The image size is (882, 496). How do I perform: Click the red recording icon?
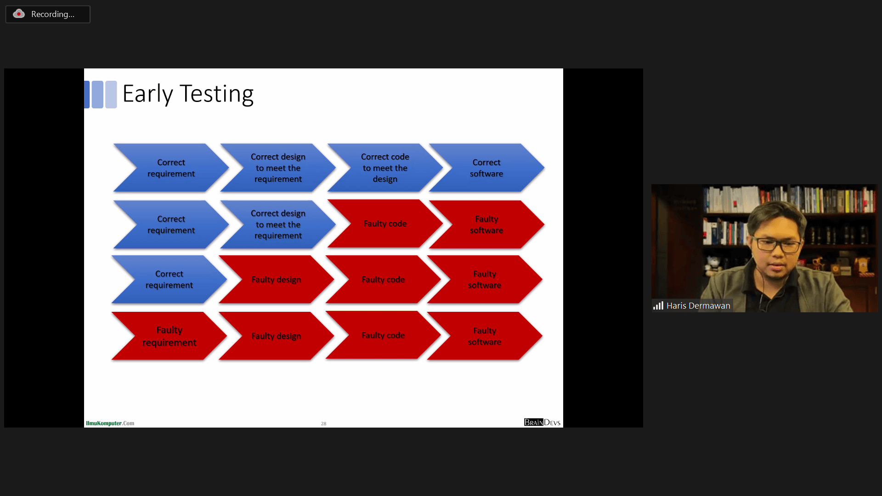(19, 14)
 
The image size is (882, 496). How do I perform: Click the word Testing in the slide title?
(216, 94)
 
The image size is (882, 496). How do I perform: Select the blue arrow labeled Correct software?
(486, 168)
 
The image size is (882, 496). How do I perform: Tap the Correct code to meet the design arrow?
(385, 168)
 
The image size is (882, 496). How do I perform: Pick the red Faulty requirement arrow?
(169, 336)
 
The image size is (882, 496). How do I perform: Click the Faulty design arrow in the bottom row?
(276, 336)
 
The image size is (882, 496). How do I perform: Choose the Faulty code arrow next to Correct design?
(385, 224)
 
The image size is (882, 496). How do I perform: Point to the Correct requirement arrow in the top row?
(171, 168)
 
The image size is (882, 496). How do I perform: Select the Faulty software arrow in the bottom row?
(485, 336)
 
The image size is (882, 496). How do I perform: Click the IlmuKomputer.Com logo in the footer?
(110, 423)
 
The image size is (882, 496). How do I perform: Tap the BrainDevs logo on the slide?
(542, 422)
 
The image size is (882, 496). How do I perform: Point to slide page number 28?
(323, 423)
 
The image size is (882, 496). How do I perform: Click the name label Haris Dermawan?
(698, 305)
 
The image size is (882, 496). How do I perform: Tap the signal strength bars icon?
(658, 305)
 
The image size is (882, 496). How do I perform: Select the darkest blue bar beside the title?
(87, 95)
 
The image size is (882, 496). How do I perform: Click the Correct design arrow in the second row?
(278, 224)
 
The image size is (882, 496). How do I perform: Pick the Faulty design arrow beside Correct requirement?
(276, 279)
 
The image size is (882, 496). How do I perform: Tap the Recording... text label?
(53, 14)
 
